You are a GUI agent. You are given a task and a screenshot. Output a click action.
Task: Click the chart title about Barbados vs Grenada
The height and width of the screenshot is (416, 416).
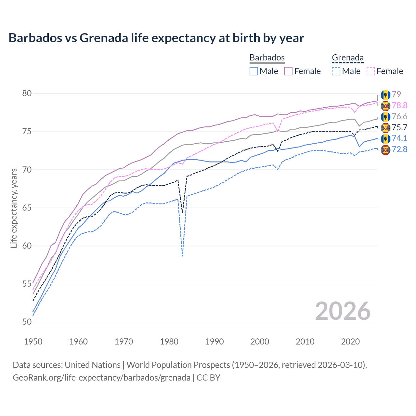point(156,38)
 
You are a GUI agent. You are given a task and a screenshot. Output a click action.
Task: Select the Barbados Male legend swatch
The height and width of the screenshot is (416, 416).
point(254,71)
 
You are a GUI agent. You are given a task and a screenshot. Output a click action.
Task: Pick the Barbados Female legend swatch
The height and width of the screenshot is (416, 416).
point(288,71)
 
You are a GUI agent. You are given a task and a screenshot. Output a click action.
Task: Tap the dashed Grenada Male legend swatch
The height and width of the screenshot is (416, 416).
point(336,71)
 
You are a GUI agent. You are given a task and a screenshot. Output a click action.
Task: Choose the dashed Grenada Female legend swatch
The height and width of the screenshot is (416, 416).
point(370,71)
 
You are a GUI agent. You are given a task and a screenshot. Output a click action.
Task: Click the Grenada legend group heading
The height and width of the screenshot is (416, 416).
point(347,58)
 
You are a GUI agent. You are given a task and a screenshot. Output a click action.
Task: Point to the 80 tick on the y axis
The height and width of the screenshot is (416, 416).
point(27,94)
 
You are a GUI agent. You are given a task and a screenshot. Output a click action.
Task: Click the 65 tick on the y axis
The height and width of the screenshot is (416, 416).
point(27,208)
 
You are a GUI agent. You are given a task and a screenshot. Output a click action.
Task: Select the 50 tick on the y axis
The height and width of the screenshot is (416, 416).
point(27,322)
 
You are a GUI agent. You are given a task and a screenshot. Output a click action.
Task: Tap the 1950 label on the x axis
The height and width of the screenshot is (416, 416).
point(33,342)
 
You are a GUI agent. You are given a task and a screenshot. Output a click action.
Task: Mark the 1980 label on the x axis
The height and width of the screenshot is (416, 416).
point(169,342)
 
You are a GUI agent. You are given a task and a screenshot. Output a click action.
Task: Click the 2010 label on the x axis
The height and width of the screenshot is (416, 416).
point(305,342)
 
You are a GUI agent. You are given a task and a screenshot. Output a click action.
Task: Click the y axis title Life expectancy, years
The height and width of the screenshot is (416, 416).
point(14,208)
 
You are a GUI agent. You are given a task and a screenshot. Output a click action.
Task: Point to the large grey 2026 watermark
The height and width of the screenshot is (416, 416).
point(343,311)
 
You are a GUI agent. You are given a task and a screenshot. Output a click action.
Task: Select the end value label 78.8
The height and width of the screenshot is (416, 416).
point(399,105)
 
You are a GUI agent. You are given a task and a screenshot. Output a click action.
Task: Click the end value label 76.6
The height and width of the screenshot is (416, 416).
point(399,116)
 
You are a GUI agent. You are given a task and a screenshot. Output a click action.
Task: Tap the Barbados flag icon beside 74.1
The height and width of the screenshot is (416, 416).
point(385,139)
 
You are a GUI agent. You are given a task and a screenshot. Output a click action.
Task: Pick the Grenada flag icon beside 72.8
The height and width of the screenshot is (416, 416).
point(385,150)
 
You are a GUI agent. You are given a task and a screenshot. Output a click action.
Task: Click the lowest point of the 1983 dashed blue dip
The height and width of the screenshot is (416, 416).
point(183,256)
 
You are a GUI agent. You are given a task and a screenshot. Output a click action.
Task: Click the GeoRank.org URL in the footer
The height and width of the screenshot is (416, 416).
point(101,378)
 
